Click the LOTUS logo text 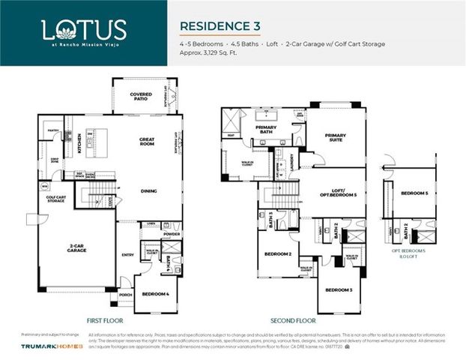tap(83, 29)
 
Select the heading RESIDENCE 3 tap(220, 25)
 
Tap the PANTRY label tap(53, 130)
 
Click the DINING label tap(149, 190)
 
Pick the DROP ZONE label tap(55, 160)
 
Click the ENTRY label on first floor tap(127, 255)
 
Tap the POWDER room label tap(172, 233)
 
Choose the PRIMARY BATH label tap(266, 129)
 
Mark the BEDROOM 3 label tap(339, 289)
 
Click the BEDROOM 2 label tap(277, 254)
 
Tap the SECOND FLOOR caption tap(288, 318)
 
